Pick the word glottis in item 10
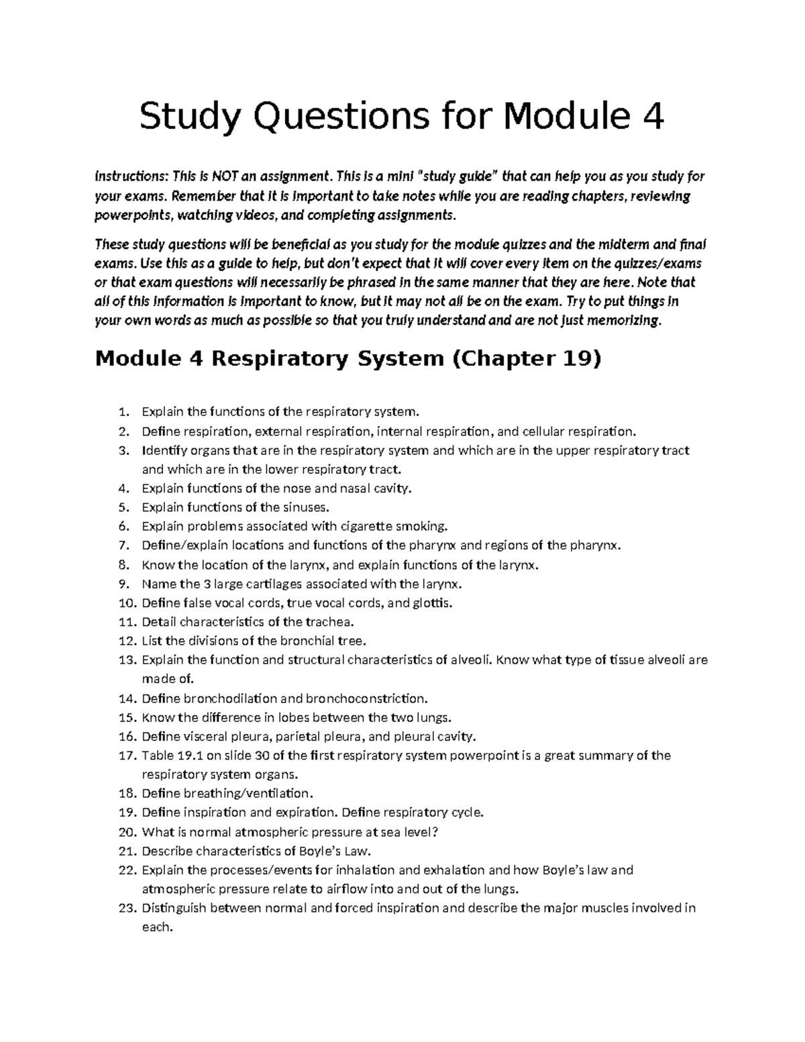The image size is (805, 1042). pyautogui.click(x=433, y=603)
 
